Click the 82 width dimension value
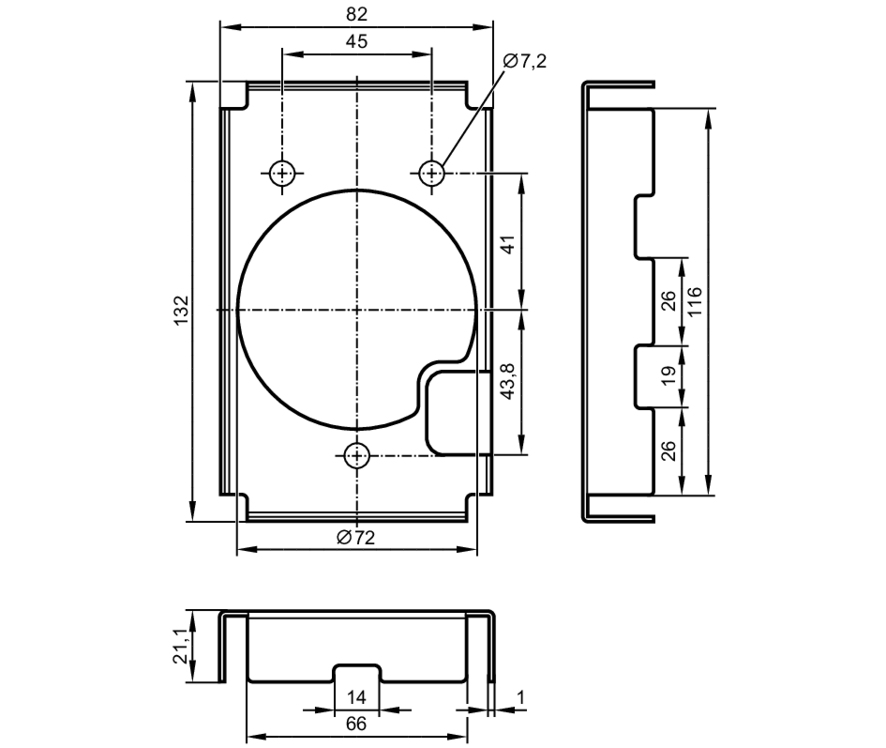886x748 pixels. point(357,14)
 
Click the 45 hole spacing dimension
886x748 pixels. point(357,42)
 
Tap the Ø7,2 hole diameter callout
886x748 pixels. point(525,61)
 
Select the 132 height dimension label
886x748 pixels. point(181,311)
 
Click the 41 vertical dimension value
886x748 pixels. point(509,245)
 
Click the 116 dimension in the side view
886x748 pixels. point(695,301)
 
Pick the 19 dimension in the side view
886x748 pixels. point(669,376)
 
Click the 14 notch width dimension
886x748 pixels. point(357,697)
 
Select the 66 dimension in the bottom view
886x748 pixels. point(357,724)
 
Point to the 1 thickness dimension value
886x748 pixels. point(521,697)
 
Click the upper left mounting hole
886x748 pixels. point(282,173)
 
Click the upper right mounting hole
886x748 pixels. point(431,173)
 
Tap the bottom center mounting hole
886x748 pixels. point(357,455)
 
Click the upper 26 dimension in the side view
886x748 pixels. point(669,301)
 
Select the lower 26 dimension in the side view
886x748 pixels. point(669,451)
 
